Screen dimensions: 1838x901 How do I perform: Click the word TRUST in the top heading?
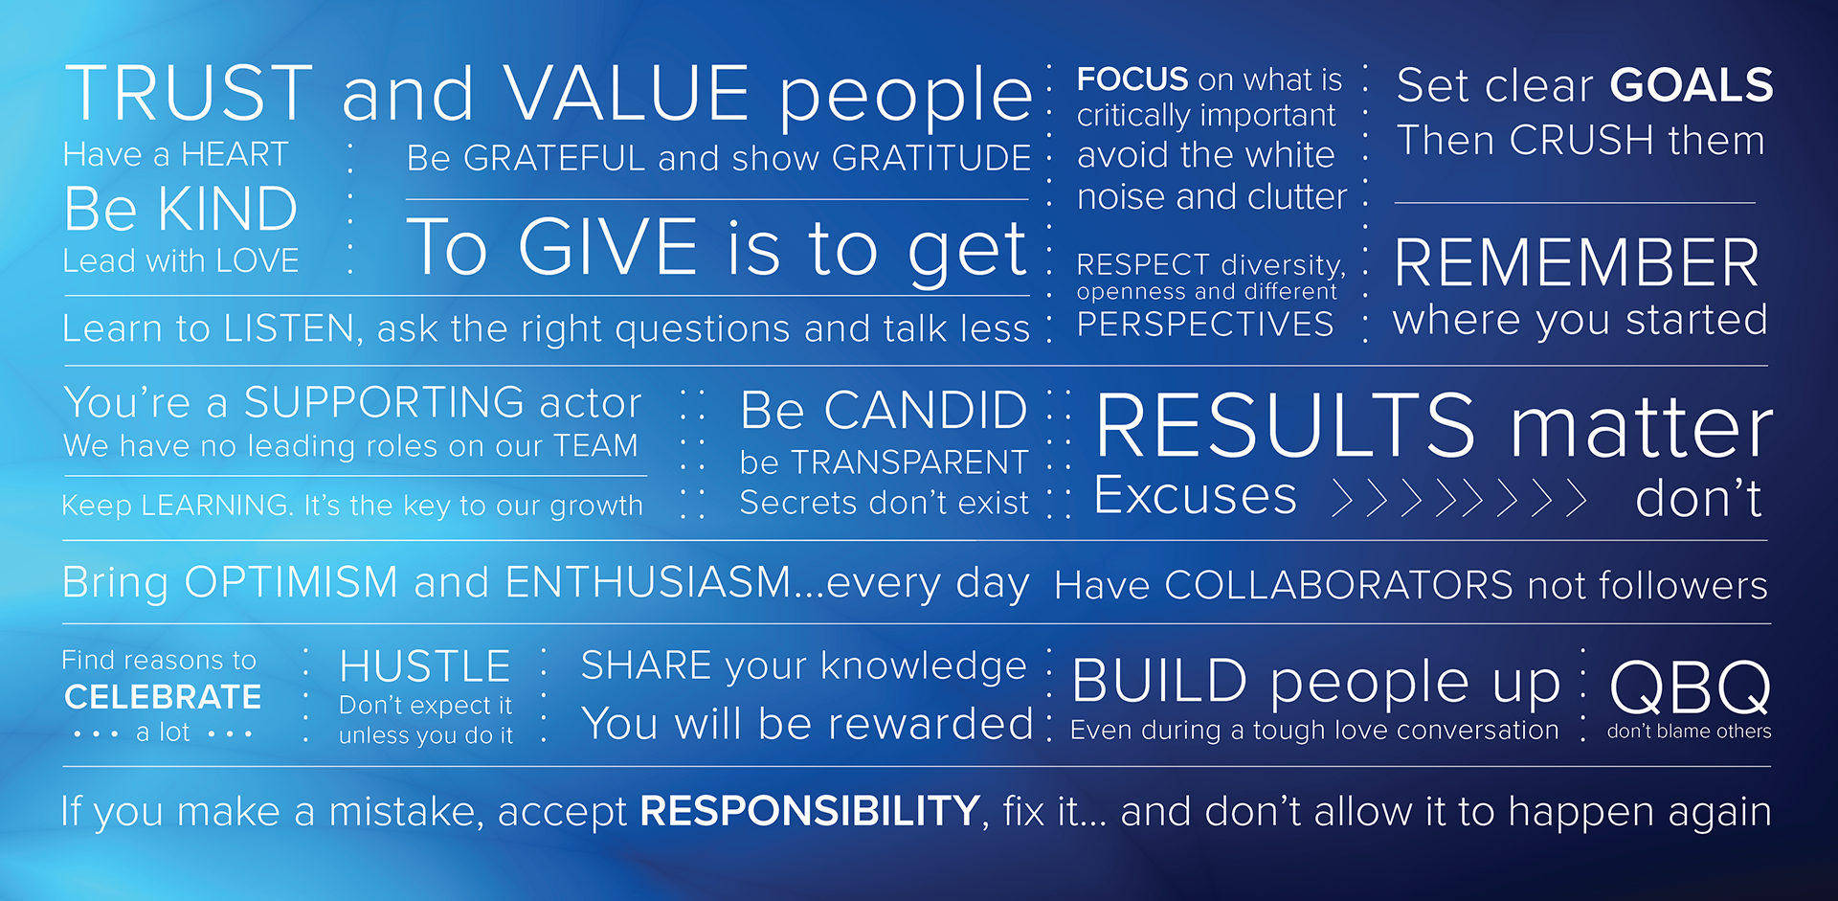click(x=189, y=93)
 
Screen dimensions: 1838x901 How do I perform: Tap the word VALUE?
click(x=627, y=93)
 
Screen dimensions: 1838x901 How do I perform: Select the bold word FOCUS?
click(x=1132, y=79)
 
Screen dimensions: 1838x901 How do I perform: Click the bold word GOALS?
click(x=1692, y=85)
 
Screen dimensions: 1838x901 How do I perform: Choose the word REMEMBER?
click(x=1577, y=263)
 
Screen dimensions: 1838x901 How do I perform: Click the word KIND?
click(x=228, y=209)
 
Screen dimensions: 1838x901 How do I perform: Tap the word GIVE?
click(x=608, y=247)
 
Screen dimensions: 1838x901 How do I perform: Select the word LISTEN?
click(x=290, y=329)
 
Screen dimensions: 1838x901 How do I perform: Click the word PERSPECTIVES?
click(x=1205, y=325)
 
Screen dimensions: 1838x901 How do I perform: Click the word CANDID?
click(x=926, y=411)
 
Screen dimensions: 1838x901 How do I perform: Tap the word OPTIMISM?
click(x=291, y=582)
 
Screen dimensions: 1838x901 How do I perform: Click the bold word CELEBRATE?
click(x=163, y=697)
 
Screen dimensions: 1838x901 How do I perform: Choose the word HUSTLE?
click(x=425, y=666)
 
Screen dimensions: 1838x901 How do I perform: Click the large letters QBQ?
click(x=1690, y=687)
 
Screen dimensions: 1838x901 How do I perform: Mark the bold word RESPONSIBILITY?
click(x=810, y=811)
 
